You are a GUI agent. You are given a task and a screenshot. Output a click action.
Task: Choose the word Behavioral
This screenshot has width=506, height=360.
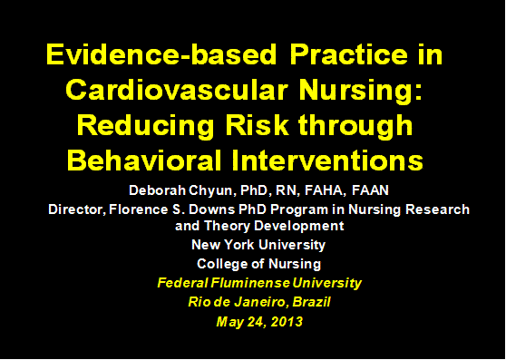144,161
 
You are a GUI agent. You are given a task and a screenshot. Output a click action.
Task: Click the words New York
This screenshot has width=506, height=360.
221,245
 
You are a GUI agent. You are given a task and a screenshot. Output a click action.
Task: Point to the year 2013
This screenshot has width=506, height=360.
282,321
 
